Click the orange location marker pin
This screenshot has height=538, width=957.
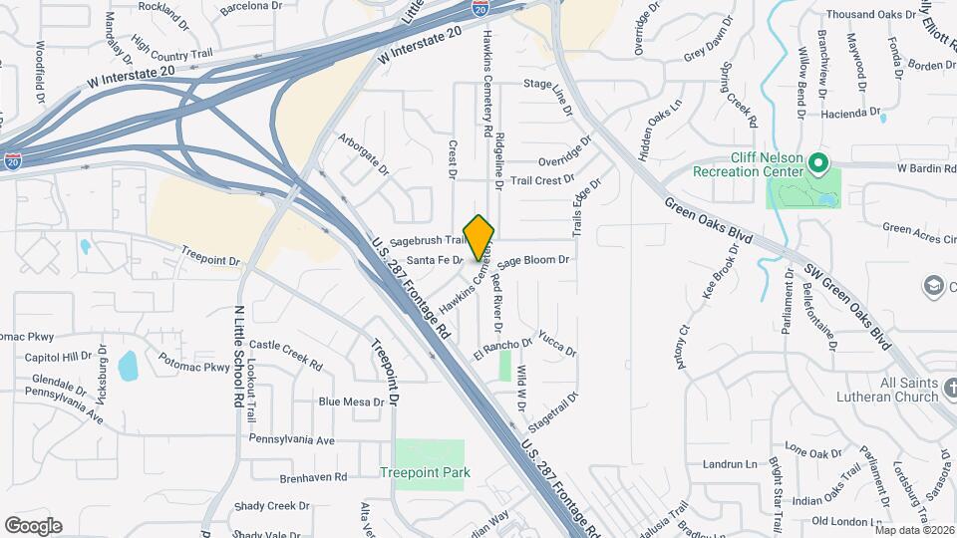pos(479,237)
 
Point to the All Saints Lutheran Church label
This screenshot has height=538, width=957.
pos(895,390)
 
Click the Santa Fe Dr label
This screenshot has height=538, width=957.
pos(436,260)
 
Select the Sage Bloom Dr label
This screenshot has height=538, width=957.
pos(533,260)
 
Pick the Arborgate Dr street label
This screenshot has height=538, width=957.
pos(363,154)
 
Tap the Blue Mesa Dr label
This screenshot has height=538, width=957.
pos(351,402)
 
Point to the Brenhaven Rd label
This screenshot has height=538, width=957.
pos(313,477)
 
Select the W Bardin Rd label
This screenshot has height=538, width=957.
pos(926,167)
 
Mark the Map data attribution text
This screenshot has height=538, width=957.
pos(913,530)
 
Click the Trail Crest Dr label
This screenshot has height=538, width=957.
pos(542,181)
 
